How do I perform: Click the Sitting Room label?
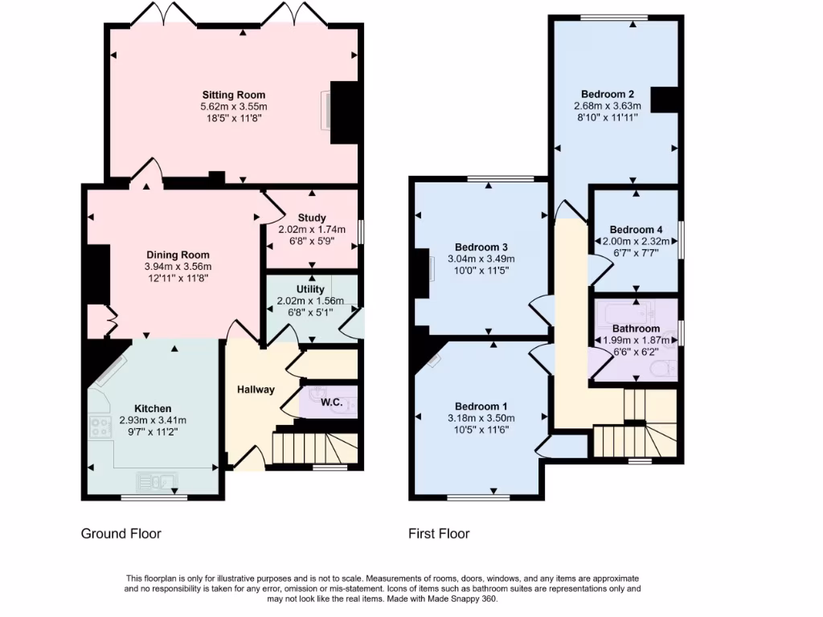[x=233, y=95]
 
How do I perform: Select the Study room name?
[x=311, y=218]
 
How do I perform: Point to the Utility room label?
[x=310, y=289]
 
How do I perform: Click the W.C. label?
[x=332, y=401]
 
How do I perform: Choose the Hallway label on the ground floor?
[x=256, y=390]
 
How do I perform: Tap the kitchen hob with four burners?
[x=101, y=427]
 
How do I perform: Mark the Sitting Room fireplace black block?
[x=344, y=112]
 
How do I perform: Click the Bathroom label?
[x=636, y=329]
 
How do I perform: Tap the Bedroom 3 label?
[x=481, y=247]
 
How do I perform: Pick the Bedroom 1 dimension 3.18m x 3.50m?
[x=481, y=418]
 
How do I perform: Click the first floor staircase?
[x=635, y=426]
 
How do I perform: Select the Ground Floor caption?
[x=121, y=533]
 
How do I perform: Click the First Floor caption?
[x=439, y=533]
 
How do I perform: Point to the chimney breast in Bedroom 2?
[x=665, y=100]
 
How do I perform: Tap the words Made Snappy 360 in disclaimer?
[x=469, y=599]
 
